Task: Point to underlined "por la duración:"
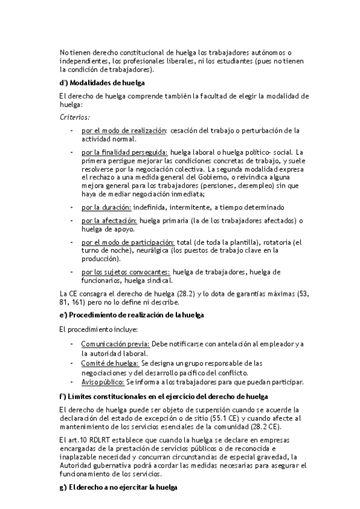tap(107, 207)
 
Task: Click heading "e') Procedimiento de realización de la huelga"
tap(132, 315)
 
